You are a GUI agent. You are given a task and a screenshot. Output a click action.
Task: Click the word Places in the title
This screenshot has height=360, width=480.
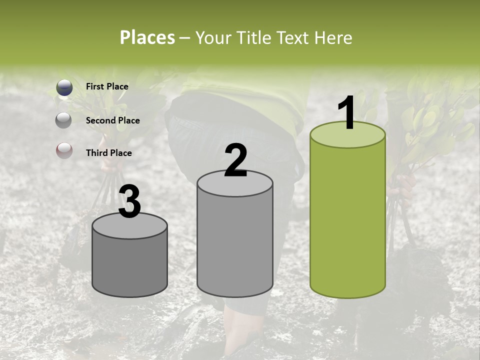(147, 37)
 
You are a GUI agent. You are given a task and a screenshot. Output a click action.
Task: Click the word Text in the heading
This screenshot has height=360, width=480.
(294, 37)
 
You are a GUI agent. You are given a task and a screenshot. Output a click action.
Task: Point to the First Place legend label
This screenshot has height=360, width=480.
(107, 86)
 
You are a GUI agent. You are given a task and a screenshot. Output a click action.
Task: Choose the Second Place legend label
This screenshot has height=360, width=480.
(112, 120)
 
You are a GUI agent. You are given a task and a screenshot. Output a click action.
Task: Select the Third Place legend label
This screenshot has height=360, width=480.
(108, 153)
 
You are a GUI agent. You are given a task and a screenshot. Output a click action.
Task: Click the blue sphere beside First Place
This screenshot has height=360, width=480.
(64, 88)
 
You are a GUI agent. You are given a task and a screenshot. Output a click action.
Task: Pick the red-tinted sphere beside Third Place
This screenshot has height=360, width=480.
(64, 151)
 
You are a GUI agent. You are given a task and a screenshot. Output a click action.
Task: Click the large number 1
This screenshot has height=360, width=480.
(346, 113)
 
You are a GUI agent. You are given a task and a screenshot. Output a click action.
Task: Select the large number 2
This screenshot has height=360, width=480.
(235, 160)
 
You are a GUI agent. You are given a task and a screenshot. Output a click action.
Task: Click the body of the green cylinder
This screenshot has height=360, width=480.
(347, 220)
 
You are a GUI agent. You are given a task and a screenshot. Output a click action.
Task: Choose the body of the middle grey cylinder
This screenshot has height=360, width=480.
(235, 245)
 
